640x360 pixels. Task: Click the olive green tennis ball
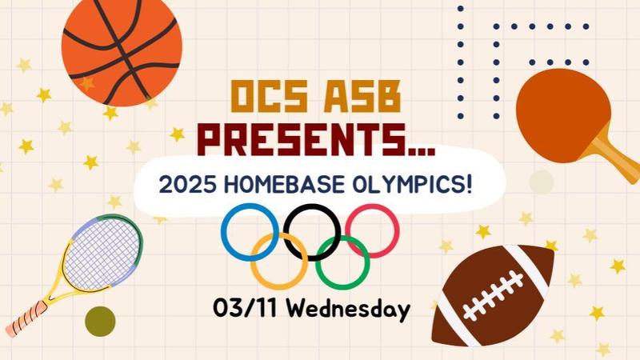100,321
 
